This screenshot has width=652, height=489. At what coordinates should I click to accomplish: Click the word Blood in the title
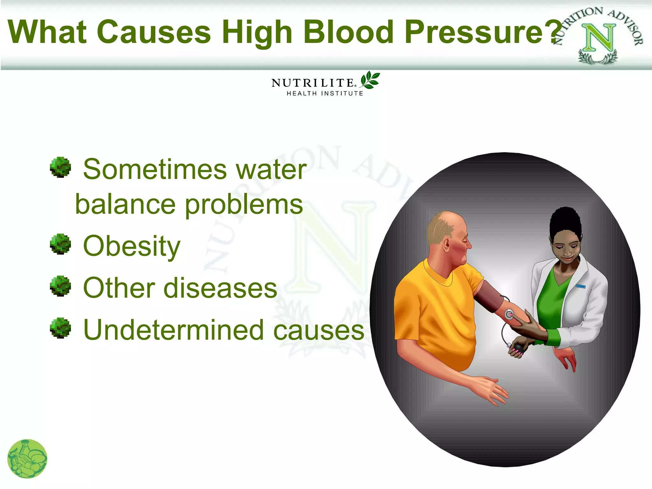point(348,32)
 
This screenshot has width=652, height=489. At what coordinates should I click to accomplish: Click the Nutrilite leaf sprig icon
point(370,80)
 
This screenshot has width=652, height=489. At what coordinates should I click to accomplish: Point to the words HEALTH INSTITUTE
point(325,93)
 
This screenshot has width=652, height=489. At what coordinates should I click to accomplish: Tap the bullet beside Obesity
point(60,244)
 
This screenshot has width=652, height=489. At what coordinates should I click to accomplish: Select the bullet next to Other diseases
point(60,286)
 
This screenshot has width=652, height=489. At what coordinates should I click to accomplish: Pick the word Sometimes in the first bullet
point(155,169)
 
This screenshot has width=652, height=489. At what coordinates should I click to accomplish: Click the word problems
point(244,205)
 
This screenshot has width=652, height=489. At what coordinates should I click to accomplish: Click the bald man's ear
point(446,244)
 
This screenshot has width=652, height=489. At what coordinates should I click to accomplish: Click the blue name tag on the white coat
point(581,286)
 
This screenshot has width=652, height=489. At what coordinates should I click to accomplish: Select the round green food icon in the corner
point(27,458)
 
